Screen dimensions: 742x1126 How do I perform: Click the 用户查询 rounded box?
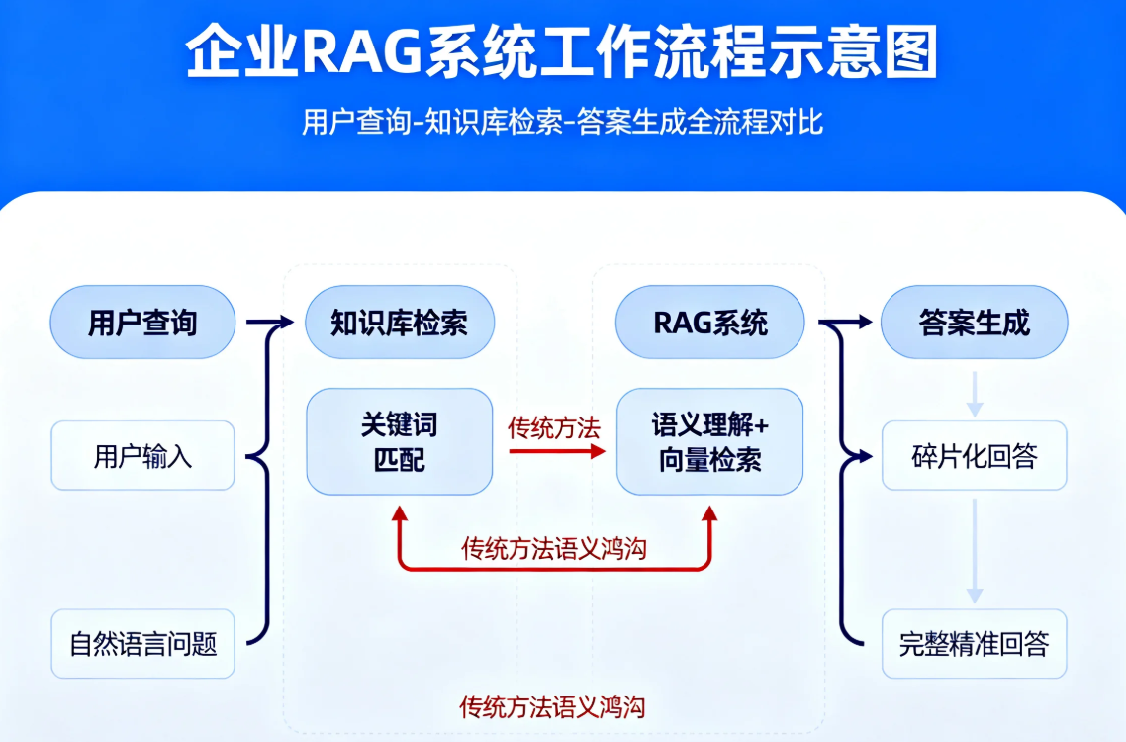[142, 323]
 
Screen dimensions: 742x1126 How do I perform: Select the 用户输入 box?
[142, 456]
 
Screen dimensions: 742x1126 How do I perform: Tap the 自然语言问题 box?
[142, 644]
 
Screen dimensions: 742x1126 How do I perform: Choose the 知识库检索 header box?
[399, 323]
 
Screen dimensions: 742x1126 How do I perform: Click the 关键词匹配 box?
[399, 441]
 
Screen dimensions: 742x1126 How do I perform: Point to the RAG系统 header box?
[709, 323]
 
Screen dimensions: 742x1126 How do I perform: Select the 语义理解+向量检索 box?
[709, 441]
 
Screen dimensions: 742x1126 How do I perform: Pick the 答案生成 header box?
[974, 323]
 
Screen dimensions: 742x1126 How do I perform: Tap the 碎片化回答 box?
[974, 456]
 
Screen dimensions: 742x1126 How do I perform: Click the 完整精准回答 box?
[974, 644]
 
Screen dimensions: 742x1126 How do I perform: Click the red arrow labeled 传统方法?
[556, 451]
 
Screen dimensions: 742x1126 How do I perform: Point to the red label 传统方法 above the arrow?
[554, 427]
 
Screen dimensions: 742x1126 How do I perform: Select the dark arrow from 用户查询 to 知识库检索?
[269, 322]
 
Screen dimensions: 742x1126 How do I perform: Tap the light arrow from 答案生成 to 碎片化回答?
[975, 394]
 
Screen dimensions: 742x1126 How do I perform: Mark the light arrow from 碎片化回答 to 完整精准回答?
[975, 550]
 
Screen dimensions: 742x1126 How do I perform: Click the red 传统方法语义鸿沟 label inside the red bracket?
[554, 548]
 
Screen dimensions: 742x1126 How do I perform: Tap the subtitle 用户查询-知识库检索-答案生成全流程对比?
[563, 123]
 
